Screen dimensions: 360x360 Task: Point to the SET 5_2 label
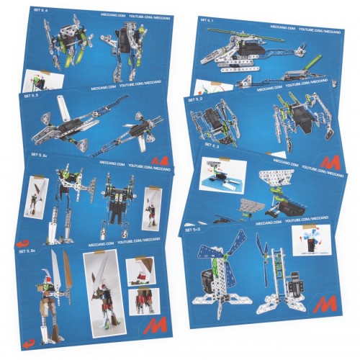[195, 100]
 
